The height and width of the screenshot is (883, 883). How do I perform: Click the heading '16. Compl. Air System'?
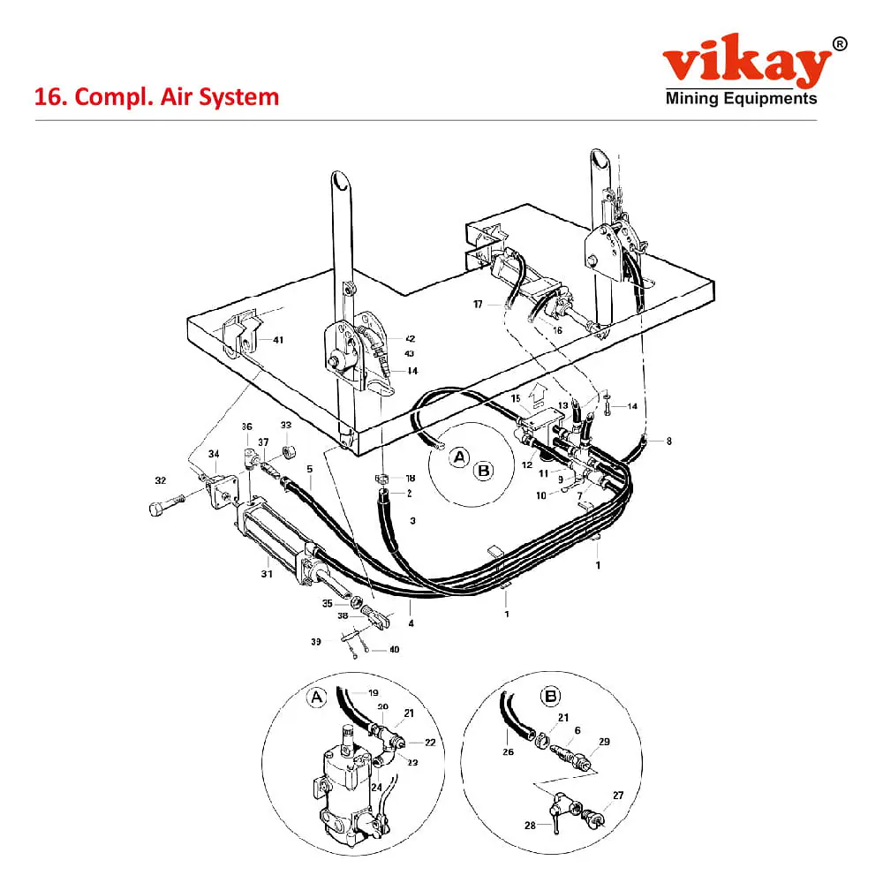(156, 97)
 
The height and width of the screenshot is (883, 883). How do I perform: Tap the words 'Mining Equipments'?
(741, 99)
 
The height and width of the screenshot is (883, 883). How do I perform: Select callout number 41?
(278, 340)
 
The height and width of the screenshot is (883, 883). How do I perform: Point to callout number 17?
(478, 304)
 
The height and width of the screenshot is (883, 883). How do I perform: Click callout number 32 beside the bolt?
(161, 480)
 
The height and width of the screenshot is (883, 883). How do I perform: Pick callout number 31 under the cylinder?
(267, 574)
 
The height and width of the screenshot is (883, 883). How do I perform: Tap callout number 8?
(669, 441)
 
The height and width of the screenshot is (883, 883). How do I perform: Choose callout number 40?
(394, 649)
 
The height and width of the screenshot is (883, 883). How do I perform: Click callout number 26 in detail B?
(508, 751)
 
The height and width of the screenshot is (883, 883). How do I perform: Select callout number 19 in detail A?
(374, 692)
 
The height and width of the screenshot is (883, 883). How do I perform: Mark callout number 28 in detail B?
(530, 826)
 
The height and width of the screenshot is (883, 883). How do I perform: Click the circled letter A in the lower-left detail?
(316, 698)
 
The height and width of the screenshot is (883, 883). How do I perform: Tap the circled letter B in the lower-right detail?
(550, 697)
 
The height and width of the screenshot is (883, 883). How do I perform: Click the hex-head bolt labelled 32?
(167, 503)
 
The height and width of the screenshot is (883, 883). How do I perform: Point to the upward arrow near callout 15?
(539, 394)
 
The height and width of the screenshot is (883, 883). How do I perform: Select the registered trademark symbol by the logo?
(839, 44)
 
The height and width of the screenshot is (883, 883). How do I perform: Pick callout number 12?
(527, 464)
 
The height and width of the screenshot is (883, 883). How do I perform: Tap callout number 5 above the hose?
(310, 469)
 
